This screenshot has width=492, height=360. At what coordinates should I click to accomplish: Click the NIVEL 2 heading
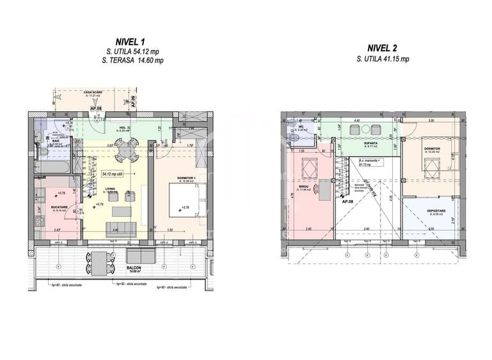[x=383, y=48]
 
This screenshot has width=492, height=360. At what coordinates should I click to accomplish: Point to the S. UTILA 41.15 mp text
[x=383, y=58]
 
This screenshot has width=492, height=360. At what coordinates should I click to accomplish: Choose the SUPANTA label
[x=370, y=144]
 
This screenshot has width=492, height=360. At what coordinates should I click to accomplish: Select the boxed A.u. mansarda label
[x=369, y=161]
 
